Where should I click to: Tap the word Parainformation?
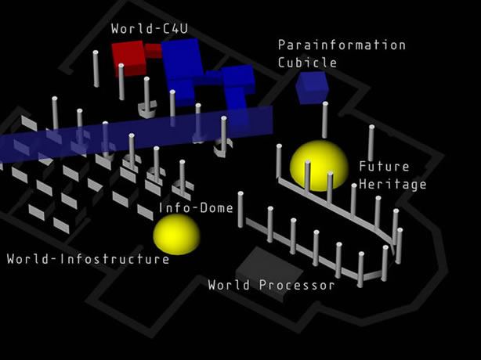point(342,45)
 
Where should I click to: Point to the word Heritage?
point(392,184)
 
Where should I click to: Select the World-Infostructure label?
point(88,258)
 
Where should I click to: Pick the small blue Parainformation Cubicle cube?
point(311,86)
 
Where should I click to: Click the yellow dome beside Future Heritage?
point(319,165)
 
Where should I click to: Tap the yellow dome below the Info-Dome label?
point(176,234)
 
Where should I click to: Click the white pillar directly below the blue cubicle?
point(324,120)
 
